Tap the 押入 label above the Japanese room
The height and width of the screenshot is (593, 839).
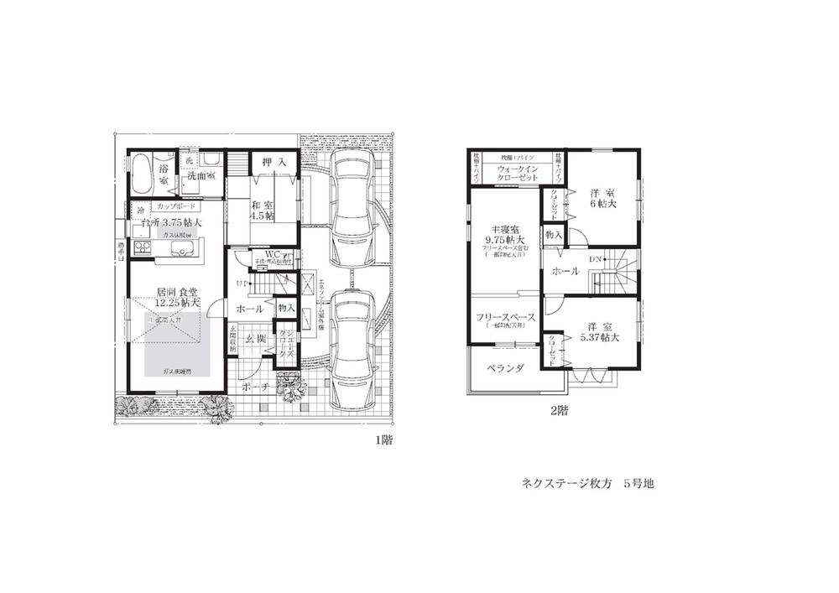pos(269,163)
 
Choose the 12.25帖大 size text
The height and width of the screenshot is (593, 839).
pos(176,303)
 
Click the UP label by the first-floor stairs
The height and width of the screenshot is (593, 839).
pos(240,283)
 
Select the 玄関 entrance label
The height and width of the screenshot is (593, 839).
pos(257,339)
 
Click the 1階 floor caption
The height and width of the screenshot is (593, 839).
pos(383,440)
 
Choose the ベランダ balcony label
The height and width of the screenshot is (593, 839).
pos(505,367)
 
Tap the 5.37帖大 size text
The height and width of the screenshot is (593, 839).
pos(600,338)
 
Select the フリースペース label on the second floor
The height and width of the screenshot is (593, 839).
pos(505,317)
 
